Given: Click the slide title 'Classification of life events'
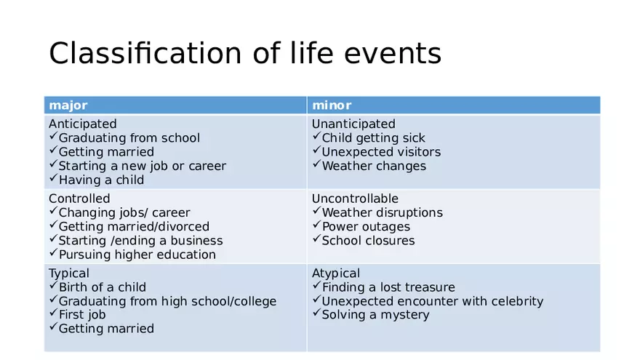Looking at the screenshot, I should tap(245, 53).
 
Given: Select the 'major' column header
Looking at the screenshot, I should tap(68, 105).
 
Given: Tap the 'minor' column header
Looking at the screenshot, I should tap(332, 105).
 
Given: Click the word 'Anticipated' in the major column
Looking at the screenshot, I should tap(82, 124).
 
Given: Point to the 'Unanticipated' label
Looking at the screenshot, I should tap(353, 124).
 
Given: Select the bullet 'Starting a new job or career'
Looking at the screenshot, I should tap(142, 166).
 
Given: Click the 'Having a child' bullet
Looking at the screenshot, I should tap(101, 180).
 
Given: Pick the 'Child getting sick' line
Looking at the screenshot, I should tap(373, 138).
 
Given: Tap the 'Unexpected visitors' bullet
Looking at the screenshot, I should tap(381, 152).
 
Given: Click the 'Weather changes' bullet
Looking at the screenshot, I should tap(374, 166).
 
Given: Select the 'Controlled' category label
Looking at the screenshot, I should tap(79, 199).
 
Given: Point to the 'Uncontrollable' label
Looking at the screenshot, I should tap(355, 199).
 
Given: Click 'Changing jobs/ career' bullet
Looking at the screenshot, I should tap(124, 212).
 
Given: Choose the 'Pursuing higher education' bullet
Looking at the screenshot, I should tap(137, 255).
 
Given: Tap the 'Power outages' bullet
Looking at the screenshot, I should tap(366, 226).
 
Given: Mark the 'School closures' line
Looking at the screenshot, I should tap(368, 240).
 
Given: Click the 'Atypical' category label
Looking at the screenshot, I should tap(335, 273).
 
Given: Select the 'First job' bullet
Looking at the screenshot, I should tap(81, 315).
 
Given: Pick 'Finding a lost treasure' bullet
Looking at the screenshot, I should tap(388, 287).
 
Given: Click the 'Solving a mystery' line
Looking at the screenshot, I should tap(375, 315).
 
